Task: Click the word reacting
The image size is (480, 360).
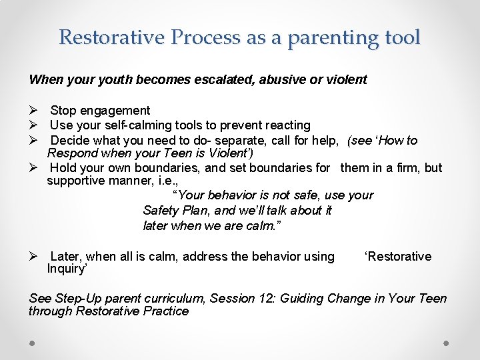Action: click(285, 125)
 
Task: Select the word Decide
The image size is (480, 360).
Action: click(69, 140)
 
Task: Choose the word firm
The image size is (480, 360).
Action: click(407, 168)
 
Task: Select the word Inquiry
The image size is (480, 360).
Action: click(67, 269)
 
